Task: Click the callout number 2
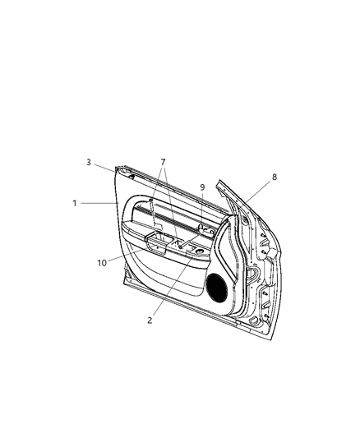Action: [x=150, y=320]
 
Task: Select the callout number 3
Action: [x=88, y=162]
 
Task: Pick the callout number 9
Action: [x=201, y=187]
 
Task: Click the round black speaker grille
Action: [x=217, y=286]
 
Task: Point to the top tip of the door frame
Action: [x=218, y=181]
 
